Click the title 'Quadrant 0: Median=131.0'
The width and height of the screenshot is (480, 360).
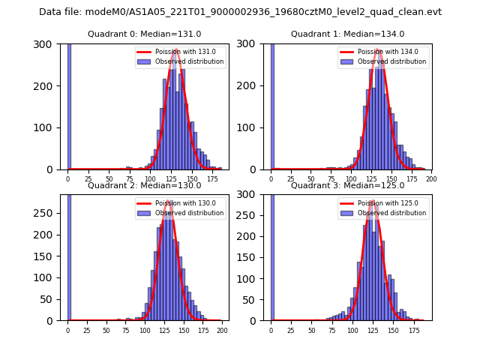144,34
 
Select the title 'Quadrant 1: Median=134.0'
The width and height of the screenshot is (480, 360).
347,34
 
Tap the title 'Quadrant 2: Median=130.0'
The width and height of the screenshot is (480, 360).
144,185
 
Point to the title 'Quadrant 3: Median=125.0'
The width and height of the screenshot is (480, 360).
347,185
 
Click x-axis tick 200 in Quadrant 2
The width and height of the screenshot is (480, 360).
221,330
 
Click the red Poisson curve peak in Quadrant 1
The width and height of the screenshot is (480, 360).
379,51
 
